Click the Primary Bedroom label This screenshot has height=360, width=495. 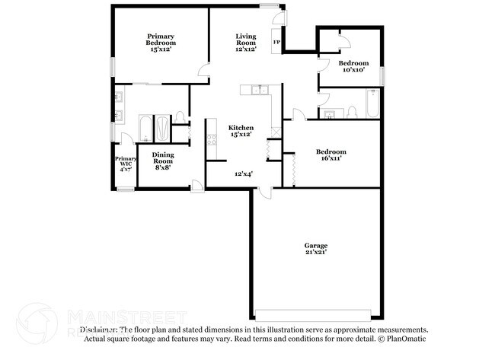click(161, 43)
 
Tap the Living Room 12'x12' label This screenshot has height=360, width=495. click(245, 43)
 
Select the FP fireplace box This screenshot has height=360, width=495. click(276, 43)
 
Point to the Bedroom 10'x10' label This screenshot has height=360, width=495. click(353, 66)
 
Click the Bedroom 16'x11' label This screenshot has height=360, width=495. click(331, 155)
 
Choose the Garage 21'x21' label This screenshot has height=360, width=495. click(315, 250)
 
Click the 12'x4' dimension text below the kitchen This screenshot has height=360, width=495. click(243, 174)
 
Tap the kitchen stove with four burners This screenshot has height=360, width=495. click(212, 139)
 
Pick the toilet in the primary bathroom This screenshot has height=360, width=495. click(180, 116)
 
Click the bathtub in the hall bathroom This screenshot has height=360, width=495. click(372, 105)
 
